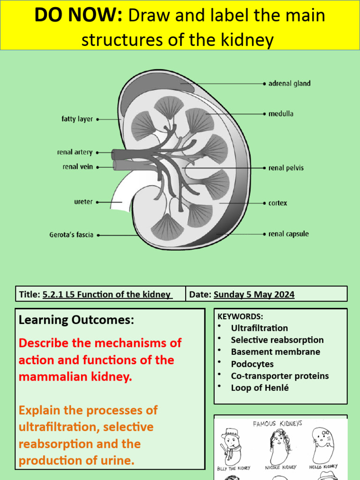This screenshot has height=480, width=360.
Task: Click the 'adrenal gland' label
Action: pos(289,84)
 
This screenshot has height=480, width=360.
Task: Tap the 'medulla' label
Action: pos(281,114)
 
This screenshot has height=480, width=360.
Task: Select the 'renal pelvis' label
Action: pos(285,168)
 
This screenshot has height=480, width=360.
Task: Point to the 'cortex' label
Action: pos(277,203)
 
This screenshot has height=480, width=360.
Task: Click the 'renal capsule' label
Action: pos(288,234)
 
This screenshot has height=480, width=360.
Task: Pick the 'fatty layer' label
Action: pos(77,120)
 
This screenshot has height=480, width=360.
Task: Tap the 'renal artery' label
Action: pos(75,152)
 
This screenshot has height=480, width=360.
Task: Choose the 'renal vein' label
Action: pos(77,166)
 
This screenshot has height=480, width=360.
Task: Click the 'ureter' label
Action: pos(83,202)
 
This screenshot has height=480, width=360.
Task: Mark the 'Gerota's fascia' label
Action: pos(71,235)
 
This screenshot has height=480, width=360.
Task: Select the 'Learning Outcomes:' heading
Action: pos(76,320)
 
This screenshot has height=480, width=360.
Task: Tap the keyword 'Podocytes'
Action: pos(252,364)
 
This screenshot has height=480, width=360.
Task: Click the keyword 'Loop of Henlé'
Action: pos(260,388)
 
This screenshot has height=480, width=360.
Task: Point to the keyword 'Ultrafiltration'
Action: pos(259,328)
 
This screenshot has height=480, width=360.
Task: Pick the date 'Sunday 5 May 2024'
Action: pos(254,294)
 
